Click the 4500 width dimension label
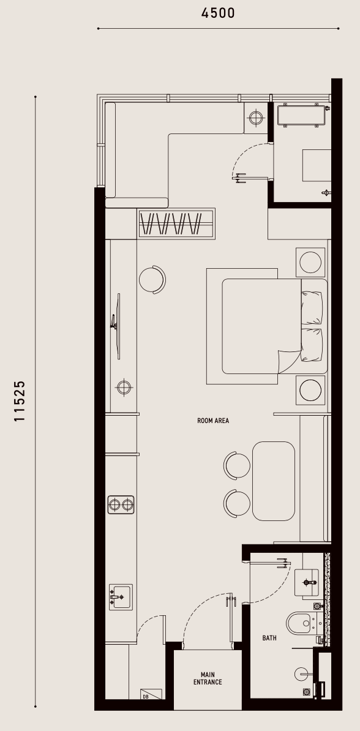coord(218,13)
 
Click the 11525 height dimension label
coord(20,402)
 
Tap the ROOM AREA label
coord(213,421)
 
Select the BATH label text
coord(269,638)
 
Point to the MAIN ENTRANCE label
coord(208,678)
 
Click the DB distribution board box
coord(151,694)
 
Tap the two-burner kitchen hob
coord(121,504)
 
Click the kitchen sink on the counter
coord(121,597)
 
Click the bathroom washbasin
coord(307,582)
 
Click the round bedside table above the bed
coord(310,262)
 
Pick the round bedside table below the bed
coord(310,390)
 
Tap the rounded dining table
coord(274,481)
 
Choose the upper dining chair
coord(237,465)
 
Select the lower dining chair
coord(237,503)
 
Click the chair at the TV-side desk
coord(152,280)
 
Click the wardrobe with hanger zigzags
coord(177,223)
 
